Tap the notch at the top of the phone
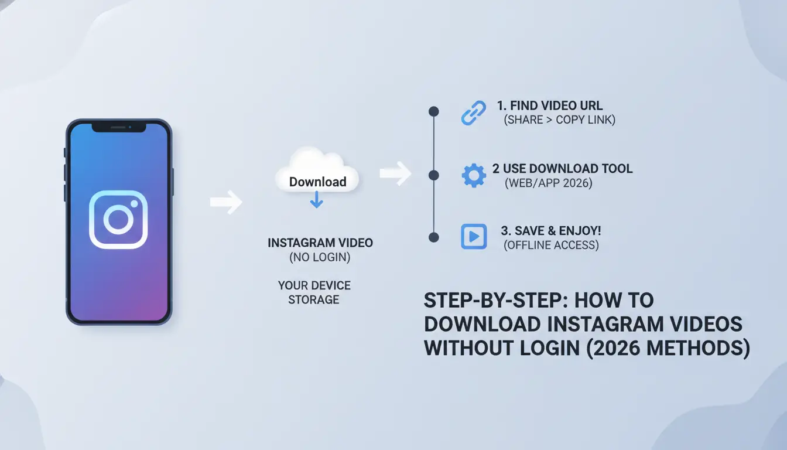pyautogui.click(x=119, y=128)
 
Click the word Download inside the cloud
pyautogui.click(x=317, y=182)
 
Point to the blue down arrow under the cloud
pyautogui.click(x=317, y=200)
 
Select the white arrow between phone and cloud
pyautogui.click(x=226, y=202)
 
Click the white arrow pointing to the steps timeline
pyautogui.click(x=396, y=173)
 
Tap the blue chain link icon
pyautogui.click(x=474, y=113)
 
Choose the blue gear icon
pyautogui.click(x=474, y=175)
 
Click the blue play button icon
pyautogui.click(x=474, y=237)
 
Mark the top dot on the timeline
pyautogui.click(x=434, y=111)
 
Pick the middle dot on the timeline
pyautogui.click(x=434, y=175)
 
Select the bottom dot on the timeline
pyautogui.click(x=434, y=238)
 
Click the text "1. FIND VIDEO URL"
pyautogui.click(x=550, y=105)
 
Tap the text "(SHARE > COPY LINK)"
pyautogui.click(x=560, y=120)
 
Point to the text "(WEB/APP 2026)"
pyautogui.click(x=549, y=183)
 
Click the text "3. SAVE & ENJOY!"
pyautogui.click(x=551, y=231)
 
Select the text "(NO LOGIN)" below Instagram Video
pyautogui.click(x=320, y=257)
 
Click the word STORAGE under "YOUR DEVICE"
pyautogui.click(x=314, y=300)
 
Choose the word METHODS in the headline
pyautogui.click(x=698, y=348)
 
